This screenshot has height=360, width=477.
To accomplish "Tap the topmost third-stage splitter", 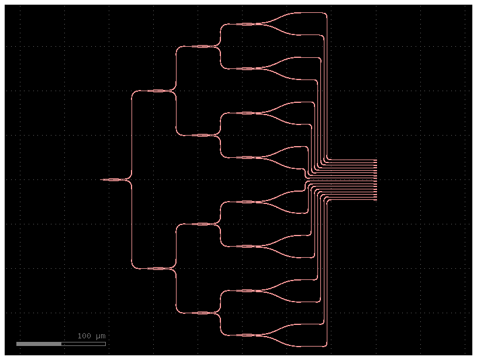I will click(x=202, y=46).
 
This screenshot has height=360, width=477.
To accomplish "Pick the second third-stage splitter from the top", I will click(x=202, y=135).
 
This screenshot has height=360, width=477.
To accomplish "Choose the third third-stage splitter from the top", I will click(x=202, y=224).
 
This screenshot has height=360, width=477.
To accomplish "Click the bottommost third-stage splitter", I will click(x=202, y=313).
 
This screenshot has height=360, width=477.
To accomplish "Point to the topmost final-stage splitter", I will click(x=247, y=24).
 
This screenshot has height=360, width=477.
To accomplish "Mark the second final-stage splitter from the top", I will click(x=247, y=68).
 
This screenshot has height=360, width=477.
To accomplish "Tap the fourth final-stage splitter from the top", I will click(x=247, y=157).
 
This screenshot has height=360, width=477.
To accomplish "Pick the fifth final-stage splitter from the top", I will click(x=247, y=202).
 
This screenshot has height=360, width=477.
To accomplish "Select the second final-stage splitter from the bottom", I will click(x=247, y=290).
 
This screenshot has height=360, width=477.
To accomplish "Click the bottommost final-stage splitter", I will click(x=247, y=335).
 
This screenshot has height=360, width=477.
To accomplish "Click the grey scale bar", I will click(x=39, y=344).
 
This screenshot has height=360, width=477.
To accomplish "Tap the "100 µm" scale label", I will click(x=91, y=336).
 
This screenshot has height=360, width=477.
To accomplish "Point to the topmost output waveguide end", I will click(x=376, y=160).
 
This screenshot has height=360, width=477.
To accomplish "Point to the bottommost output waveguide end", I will click(x=376, y=200).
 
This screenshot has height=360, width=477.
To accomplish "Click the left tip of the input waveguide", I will click(x=102, y=179).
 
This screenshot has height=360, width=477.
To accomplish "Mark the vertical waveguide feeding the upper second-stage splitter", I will click(x=132, y=134).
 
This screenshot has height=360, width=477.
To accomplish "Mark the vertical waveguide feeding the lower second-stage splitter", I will click(x=132, y=225).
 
